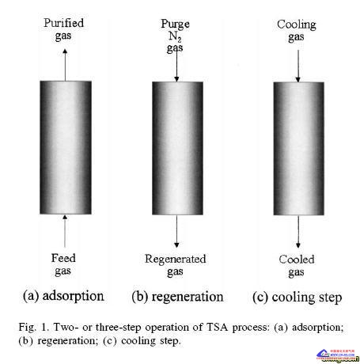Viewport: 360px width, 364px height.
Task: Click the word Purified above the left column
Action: (x=64, y=23)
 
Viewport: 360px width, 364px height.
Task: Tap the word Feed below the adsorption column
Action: (x=63, y=258)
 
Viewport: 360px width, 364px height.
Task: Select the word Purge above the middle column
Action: (x=175, y=24)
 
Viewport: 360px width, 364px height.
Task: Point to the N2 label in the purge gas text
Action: (x=175, y=36)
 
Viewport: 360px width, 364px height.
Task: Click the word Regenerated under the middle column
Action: (x=176, y=260)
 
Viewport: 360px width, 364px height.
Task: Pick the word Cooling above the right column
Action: (x=297, y=25)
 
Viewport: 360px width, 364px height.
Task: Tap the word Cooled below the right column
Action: (x=297, y=260)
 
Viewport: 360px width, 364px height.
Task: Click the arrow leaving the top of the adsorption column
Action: (x=65, y=65)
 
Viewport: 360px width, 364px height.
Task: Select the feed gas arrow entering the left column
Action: (x=65, y=231)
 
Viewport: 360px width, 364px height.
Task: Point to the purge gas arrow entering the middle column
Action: (x=176, y=64)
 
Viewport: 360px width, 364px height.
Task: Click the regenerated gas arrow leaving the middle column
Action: (x=176, y=231)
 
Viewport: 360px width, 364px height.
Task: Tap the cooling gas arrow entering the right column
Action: (x=298, y=66)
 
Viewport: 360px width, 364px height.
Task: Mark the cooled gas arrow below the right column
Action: (x=298, y=232)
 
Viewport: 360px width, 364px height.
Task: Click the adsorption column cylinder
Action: (x=66, y=147)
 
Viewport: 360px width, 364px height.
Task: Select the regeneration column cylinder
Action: (x=177, y=148)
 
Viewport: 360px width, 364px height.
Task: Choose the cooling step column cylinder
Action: (x=298, y=149)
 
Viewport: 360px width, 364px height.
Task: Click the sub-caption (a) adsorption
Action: (x=63, y=296)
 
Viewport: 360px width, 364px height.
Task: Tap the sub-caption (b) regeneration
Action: (x=177, y=297)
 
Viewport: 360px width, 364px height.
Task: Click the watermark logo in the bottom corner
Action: (x=338, y=355)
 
